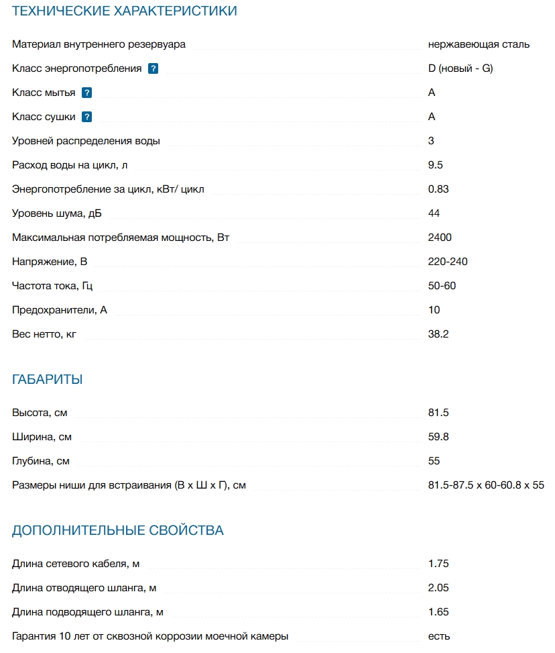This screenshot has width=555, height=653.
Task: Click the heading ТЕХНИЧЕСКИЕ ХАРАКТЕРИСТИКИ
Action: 125,11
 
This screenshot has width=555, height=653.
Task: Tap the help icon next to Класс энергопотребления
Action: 153,68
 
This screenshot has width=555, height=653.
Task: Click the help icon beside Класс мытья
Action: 86,93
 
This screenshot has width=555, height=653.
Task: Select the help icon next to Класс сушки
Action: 86,117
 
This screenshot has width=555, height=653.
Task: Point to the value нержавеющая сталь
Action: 479,44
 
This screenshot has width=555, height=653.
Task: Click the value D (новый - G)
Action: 460,68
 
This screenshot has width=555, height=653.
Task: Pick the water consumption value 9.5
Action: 436,165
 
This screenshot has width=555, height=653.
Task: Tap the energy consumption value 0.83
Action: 438,189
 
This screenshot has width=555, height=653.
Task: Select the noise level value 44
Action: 434,213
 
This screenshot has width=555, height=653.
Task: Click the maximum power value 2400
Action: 440,238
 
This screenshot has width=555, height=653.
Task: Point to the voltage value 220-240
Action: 448,262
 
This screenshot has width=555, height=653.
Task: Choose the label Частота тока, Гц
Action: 52,286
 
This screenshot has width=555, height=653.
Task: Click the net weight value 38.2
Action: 438,334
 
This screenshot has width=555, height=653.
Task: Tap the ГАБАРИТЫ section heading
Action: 48,380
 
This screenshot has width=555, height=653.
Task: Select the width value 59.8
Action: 438,437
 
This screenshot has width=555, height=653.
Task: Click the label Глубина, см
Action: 41,461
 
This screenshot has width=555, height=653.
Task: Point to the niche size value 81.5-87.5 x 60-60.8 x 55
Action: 486,485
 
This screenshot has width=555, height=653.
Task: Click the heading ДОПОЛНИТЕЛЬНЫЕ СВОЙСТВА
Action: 118,531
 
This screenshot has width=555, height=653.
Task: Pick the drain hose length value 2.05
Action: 438,588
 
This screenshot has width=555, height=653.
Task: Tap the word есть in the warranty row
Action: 439,636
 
